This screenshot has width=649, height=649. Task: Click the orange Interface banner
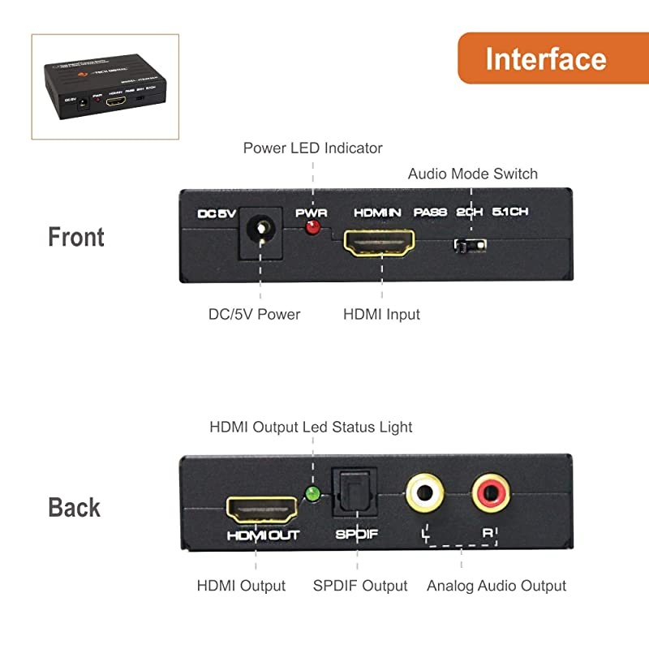(545, 58)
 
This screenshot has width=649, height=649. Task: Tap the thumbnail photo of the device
(105, 87)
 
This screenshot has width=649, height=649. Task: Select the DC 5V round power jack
(260, 233)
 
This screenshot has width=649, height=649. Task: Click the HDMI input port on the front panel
(380, 242)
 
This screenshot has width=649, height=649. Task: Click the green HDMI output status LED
(311, 492)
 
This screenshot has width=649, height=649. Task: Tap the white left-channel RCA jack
(423, 492)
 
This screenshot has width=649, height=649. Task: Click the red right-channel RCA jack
(491, 492)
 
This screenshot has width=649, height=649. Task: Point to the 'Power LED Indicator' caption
(312, 148)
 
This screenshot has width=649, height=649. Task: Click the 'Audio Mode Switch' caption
(472, 174)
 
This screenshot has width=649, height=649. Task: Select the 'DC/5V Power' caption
(254, 314)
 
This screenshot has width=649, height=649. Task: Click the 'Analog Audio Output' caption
(496, 586)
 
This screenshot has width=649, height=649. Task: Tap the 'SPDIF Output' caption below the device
(360, 586)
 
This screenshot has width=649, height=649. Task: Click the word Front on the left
(76, 238)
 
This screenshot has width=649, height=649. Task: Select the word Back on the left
(75, 508)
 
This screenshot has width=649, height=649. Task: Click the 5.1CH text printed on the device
(509, 213)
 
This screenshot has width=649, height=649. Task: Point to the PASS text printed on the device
(430, 213)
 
